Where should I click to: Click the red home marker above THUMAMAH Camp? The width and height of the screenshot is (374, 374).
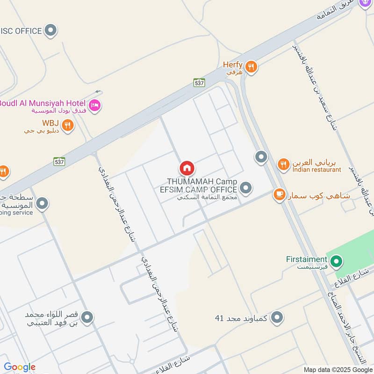[x=187, y=168]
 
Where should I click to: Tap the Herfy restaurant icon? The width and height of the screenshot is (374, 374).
[x=252, y=67]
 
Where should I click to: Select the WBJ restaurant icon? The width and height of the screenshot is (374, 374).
[x=68, y=125]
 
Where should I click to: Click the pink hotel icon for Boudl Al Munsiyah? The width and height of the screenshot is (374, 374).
[x=95, y=106]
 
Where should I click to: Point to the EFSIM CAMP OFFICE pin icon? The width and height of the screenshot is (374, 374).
[x=246, y=188]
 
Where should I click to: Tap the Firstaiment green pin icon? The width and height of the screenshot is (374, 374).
[x=336, y=262]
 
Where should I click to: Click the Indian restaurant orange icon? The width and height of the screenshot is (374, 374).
[x=283, y=165]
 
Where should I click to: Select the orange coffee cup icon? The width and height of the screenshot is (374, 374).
[x=280, y=194]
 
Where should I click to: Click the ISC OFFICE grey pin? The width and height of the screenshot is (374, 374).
[x=51, y=31]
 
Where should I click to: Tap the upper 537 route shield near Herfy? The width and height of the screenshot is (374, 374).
[x=200, y=82]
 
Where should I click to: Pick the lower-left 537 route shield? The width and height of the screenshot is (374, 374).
[x=59, y=161]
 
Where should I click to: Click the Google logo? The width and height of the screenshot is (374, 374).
[x=20, y=367]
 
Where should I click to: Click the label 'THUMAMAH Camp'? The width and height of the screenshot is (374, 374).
[x=202, y=181]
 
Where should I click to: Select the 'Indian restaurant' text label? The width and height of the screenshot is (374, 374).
[x=317, y=170]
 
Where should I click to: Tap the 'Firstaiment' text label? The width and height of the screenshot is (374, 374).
[x=307, y=259]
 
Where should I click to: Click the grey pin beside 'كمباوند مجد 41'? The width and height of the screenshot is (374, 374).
[x=277, y=318]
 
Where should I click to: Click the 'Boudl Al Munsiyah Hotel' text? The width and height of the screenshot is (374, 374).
[x=43, y=103]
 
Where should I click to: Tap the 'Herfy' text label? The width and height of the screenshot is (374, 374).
[x=232, y=65]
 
